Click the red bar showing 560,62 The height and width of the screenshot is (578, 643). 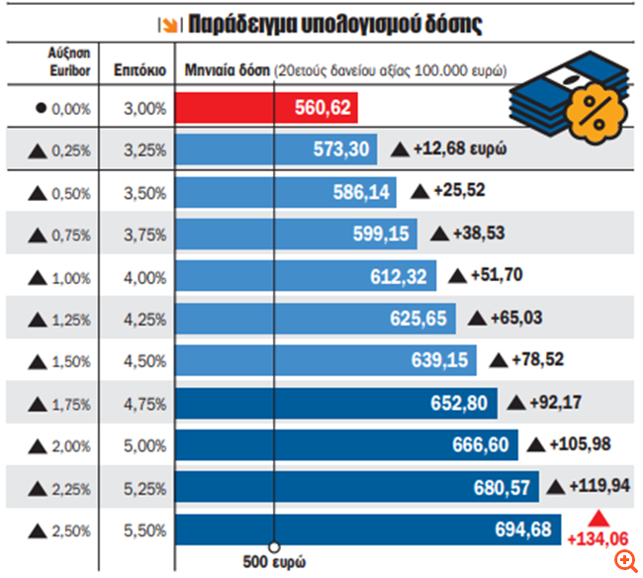point(266,108)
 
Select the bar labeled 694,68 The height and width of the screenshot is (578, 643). point(368,530)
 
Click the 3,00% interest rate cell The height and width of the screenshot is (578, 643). point(145,108)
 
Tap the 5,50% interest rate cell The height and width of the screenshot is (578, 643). point(145,530)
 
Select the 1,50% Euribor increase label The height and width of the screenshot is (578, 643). point(61,361)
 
